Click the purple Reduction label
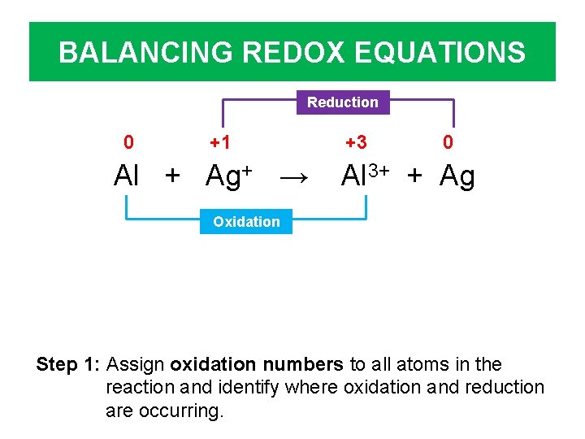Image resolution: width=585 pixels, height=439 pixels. click(342, 102)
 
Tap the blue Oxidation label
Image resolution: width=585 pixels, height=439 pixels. click(246, 221)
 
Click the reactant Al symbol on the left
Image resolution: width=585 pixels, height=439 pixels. click(127, 176)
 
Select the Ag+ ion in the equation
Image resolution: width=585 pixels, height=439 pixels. click(228, 176)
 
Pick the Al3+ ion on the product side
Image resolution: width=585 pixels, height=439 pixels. click(367, 176)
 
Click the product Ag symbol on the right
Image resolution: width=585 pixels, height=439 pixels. click(457, 176)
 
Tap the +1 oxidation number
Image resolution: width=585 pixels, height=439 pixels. click(220, 143)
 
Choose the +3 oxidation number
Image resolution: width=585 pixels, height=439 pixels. click(356, 143)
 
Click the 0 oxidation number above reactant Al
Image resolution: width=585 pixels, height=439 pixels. click(128, 143)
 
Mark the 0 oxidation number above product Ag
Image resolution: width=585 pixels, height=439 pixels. click(448, 143)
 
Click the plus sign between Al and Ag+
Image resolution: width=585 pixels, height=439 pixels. click(172, 176)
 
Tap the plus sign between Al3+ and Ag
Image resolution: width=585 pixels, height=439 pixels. click(415, 176)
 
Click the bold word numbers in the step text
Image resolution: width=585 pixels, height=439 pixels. click(306, 364)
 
